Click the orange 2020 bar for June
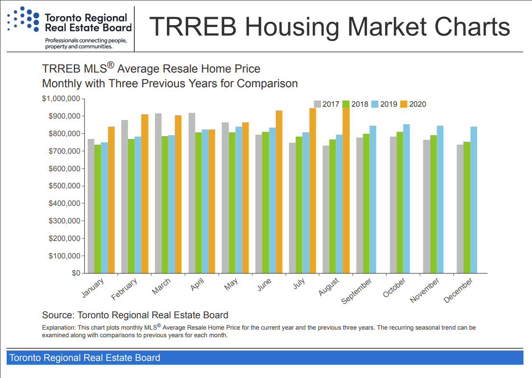[x=279, y=192]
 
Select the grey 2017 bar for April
[x=192, y=193]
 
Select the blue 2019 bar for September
[x=373, y=199]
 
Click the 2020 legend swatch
[x=404, y=104]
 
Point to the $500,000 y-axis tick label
[x=64, y=186]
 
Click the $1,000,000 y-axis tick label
[x=61, y=99]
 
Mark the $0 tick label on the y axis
[x=76, y=273]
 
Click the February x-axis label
[x=125, y=289]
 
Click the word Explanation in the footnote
[x=55, y=328]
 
